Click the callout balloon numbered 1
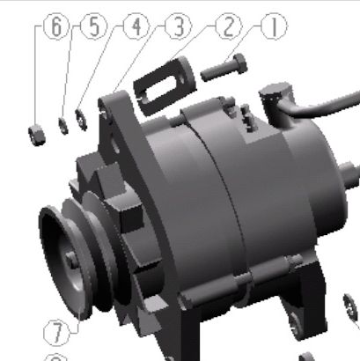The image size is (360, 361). (274, 26)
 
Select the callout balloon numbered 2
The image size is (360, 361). (229, 26)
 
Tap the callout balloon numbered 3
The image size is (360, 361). (179, 26)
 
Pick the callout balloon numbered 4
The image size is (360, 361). (136, 26)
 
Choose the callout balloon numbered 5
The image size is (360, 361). (93, 26)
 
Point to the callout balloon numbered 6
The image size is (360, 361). (56, 26)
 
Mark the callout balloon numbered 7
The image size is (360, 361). (56, 333)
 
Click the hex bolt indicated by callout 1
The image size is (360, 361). (224, 68)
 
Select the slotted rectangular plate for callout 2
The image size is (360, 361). (165, 85)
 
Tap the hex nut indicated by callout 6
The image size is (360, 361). (37, 136)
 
